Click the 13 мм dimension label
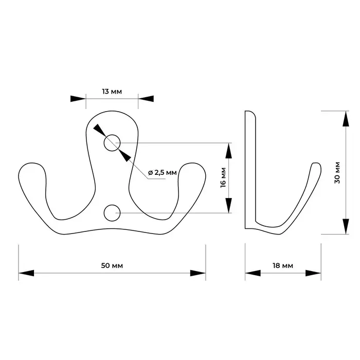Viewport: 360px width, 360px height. [x=112, y=92]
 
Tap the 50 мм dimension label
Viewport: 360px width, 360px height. [x=112, y=265]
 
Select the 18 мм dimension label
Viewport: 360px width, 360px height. [x=282, y=265]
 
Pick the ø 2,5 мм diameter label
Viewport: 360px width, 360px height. [x=162, y=172]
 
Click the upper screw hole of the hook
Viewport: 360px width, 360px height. [x=112, y=142]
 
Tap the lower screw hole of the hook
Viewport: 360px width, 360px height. [x=112, y=212]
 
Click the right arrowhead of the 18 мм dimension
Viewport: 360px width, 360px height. [x=313, y=273]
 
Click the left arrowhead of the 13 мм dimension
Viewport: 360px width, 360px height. [x=78, y=99]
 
